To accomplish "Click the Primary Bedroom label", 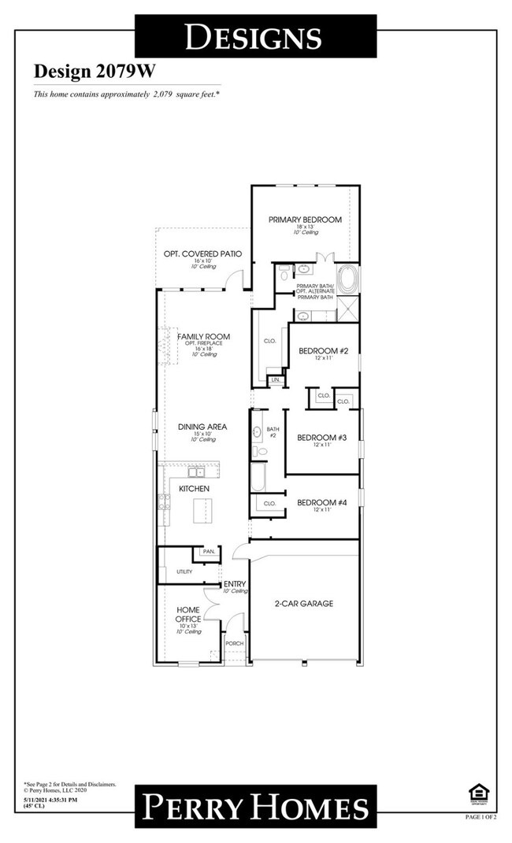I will point(305,220).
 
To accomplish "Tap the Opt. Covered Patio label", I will point(202,253).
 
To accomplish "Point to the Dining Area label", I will point(202,427).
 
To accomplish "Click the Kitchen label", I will point(194,489).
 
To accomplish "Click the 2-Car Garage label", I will point(305,604).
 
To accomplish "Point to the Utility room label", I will point(184,571).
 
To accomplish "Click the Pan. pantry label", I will point(208,551).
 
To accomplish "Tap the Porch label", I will point(234,643).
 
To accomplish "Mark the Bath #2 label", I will point(273,432).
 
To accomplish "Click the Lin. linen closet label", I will point(275,380).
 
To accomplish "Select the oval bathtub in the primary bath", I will point(349,279).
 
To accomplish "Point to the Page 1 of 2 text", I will point(480,818).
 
